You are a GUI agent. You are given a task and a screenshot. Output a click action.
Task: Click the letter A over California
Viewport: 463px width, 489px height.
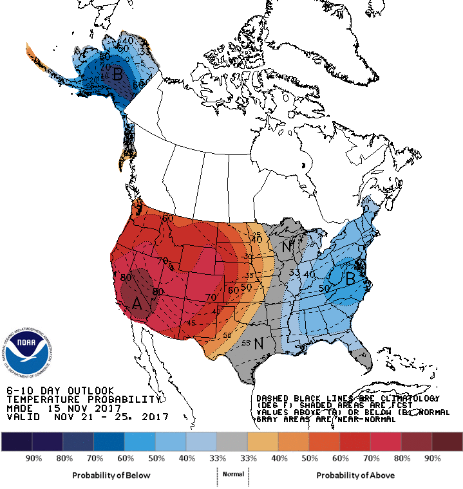click(x=137, y=303)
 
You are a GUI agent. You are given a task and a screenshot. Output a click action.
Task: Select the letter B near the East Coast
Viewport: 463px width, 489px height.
click(x=351, y=279)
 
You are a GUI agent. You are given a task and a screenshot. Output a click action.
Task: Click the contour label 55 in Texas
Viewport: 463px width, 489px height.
click(x=245, y=343)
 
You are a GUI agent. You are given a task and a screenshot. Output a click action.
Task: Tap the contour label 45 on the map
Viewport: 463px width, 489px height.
click(x=191, y=323)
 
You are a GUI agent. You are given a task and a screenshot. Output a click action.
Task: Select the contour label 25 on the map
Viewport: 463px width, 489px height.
click(x=256, y=235)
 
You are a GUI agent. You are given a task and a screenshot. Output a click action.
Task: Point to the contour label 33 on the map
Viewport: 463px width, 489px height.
click(x=294, y=273)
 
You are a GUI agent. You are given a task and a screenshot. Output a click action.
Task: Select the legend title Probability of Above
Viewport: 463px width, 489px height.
click(x=355, y=475)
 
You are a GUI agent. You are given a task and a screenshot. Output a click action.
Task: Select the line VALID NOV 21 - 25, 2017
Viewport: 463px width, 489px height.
click(x=87, y=417)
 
